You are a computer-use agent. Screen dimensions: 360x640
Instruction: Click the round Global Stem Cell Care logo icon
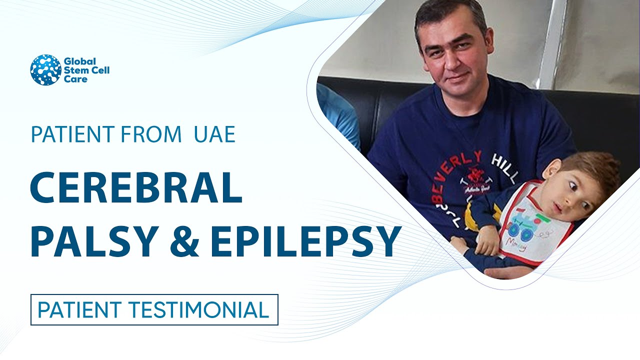coord(45,70)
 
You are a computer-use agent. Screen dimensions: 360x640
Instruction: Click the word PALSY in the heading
coord(94,242)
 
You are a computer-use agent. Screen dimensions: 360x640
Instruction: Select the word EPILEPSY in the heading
coord(305,242)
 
